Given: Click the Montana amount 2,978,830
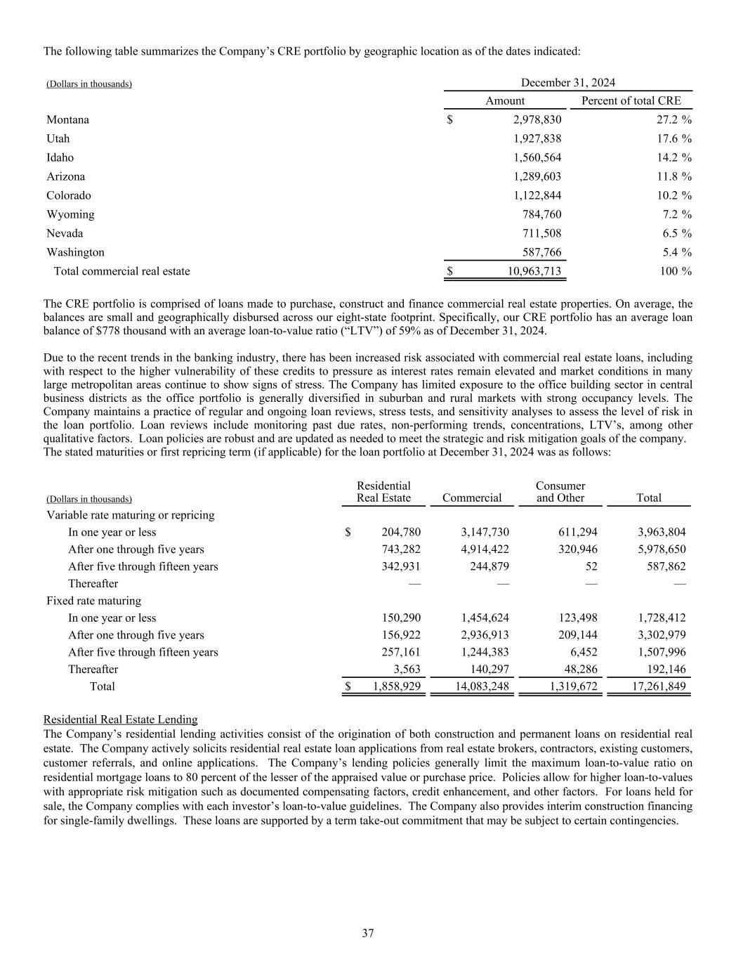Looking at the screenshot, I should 537,120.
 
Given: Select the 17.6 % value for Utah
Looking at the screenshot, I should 671,139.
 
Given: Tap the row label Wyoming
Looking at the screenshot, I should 70,214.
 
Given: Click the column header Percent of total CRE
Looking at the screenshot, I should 631,100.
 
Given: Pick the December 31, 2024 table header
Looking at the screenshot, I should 568,83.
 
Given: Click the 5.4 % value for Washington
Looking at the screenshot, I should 674,252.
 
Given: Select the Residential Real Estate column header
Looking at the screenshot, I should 383,492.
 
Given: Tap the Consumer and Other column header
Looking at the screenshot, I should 560,492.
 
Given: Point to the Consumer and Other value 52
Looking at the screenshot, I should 591,566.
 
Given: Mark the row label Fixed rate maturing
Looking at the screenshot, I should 93,601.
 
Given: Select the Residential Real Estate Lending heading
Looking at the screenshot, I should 120,719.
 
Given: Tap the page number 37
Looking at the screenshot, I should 368,933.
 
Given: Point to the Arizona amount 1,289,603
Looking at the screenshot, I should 537,177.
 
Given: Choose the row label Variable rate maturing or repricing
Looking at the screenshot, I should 130,515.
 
